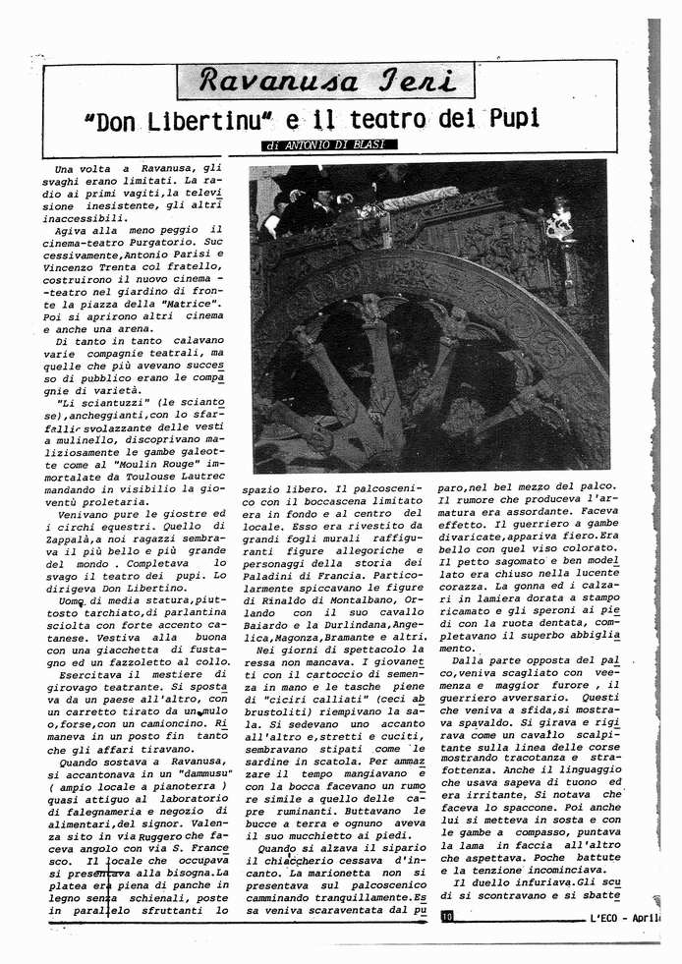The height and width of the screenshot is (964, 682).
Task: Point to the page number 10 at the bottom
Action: (x=447, y=917)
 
